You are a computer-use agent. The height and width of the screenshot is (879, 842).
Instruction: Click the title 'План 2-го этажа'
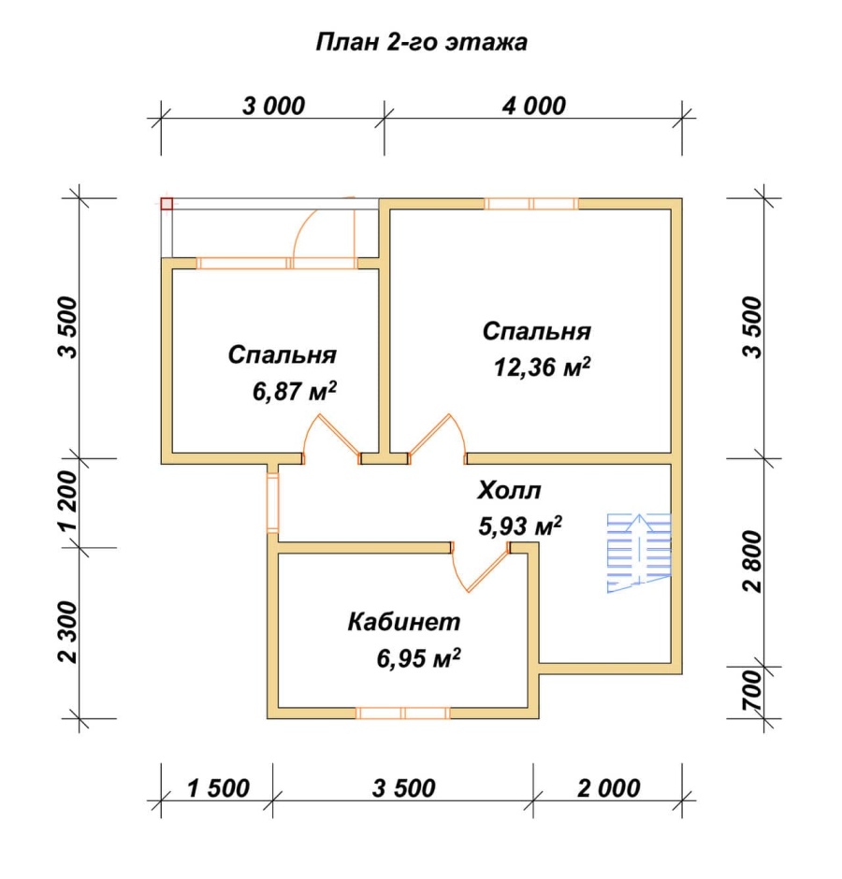point(421,43)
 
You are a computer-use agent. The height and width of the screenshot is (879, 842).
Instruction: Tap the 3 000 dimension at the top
point(274,106)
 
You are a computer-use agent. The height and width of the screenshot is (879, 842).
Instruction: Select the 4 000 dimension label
point(533,106)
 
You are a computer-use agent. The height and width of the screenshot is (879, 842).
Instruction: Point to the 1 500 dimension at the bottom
point(218,788)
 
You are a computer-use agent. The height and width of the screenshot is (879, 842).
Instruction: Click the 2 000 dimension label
point(609,788)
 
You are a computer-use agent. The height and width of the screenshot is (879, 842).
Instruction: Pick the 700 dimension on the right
point(753,691)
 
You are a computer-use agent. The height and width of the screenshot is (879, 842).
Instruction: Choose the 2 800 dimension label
point(753,562)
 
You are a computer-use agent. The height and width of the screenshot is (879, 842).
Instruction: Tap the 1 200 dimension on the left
point(67,500)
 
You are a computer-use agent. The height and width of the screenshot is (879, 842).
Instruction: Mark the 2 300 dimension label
point(67,632)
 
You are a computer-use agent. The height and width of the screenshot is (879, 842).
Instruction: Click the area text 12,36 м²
point(542,367)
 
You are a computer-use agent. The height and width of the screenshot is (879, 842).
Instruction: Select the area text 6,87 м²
point(295,391)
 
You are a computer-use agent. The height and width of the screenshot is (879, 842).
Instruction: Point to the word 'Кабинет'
point(404,622)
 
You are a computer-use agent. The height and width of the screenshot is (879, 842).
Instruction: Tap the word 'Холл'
point(509,491)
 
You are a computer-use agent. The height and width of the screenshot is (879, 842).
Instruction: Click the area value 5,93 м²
point(520,526)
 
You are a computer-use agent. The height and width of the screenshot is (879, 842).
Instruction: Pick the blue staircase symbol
point(639,553)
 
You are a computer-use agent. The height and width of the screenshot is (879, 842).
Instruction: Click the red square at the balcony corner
point(167,204)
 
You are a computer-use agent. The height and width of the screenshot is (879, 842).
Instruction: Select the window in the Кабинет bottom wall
point(403,713)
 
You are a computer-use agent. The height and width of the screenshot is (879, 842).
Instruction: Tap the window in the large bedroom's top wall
point(531,204)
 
